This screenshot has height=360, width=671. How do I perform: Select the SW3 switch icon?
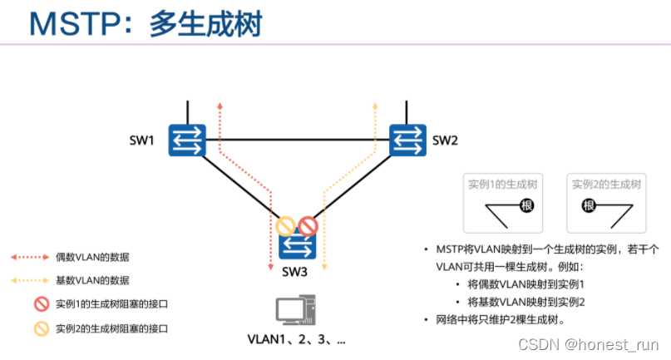click(x=298, y=245)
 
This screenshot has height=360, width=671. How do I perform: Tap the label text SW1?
click(x=141, y=140)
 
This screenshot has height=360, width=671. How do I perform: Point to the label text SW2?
click(x=445, y=140)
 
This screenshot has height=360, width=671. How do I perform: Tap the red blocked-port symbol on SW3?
click(x=308, y=224)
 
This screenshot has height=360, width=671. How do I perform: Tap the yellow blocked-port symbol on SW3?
click(x=287, y=224)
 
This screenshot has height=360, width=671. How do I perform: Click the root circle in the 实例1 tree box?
click(x=525, y=205)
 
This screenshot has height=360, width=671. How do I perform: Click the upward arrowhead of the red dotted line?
click(x=220, y=106)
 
